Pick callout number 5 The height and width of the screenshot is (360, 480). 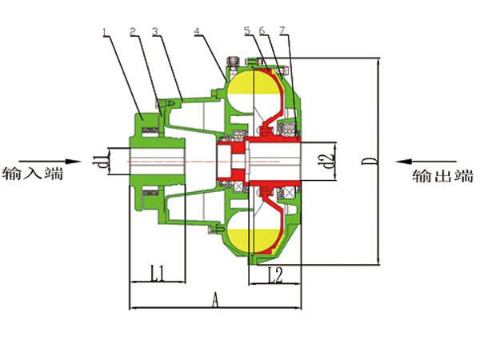point(247,30)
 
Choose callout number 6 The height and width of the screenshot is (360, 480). point(262,30)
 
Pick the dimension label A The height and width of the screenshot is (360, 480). point(214,299)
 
